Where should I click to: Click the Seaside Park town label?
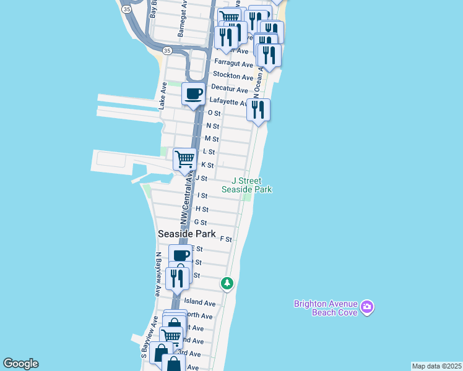[187, 234]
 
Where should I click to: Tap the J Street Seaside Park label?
[247, 185]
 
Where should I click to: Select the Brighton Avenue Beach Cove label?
[326, 308]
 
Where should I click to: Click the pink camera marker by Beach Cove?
[367, 307]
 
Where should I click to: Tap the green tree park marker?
[227, 284]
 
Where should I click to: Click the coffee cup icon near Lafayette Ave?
[194, 94]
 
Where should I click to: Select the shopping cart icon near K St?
[184, 159]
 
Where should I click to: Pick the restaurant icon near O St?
[258, 110]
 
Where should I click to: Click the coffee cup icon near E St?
[181, 255]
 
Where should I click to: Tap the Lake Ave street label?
[163, 96]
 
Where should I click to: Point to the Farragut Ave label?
[233, 64]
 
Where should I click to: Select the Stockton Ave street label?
[233, 77]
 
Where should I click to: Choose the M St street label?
[212, 139]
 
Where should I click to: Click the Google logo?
[20, 364]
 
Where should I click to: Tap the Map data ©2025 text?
[436, 366]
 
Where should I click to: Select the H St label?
[201, 209]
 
